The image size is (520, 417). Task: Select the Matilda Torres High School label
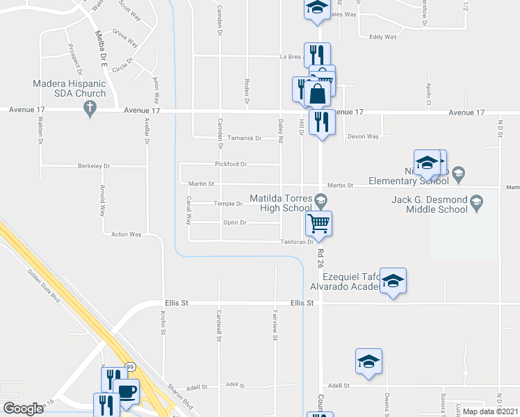pos(286,203)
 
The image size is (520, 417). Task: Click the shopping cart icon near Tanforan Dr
pos(318,224)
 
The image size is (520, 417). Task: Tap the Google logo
pos(24,409)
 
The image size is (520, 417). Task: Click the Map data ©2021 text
pos(489,411)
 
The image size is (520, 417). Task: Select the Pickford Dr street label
pos(231,165)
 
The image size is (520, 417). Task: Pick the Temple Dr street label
pos(229,204)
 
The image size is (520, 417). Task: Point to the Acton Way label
pos(127,235)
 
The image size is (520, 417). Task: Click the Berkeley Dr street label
pos(94,167)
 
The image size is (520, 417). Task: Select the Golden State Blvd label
pos(44,286)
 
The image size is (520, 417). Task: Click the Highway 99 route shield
pos(129,366)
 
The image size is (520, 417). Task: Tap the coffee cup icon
pos(127,392)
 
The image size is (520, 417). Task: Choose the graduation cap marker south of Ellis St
pos(368,361)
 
